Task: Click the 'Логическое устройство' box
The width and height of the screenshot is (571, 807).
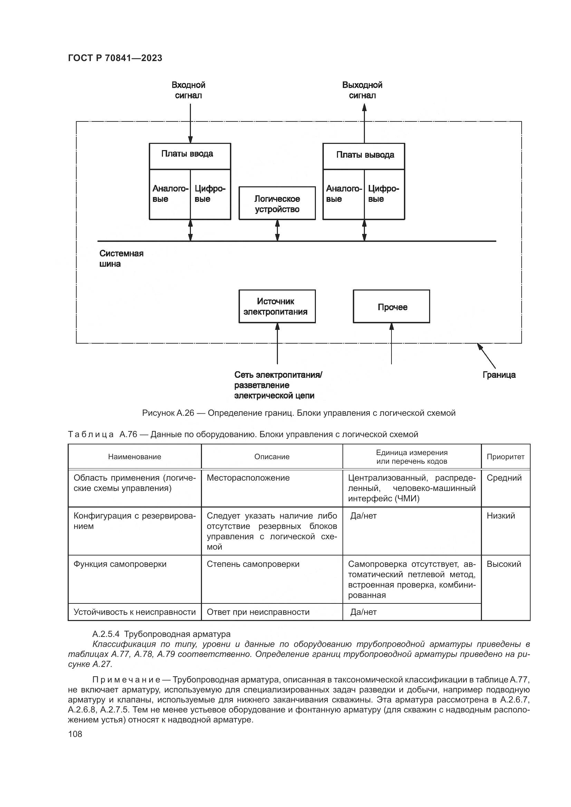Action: [x=277, y=204]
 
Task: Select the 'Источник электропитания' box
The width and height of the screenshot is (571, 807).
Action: [x=277, y=306]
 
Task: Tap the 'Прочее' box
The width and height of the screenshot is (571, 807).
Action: [x=391, y=306]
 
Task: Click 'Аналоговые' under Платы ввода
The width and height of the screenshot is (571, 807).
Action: [x=170, y=194]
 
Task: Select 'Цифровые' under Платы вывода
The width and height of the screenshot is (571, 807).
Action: [x=384, y=194]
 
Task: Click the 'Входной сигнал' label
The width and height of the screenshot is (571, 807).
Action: [x=188, y=90]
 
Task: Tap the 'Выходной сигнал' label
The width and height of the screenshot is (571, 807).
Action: [x=362, y=90]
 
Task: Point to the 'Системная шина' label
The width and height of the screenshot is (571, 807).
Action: [x=121, y=258]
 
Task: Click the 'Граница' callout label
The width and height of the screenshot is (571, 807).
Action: [x=499, y=375]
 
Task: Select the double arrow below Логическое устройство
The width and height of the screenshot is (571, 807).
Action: [x=277, y=230]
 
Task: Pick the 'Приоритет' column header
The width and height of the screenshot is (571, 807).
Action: [x=505, y=456]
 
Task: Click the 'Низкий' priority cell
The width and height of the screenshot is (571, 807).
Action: [x=501, y=515]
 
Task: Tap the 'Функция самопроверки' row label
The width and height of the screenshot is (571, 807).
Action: [x=120, y=564]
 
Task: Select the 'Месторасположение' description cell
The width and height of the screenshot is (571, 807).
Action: [x=248, y=478]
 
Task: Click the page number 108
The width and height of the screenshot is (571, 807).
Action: [x=75, y=734]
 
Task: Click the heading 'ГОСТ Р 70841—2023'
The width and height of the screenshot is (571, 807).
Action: [x=115, y=58]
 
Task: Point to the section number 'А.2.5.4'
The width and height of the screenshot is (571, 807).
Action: [x=106, y=634]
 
